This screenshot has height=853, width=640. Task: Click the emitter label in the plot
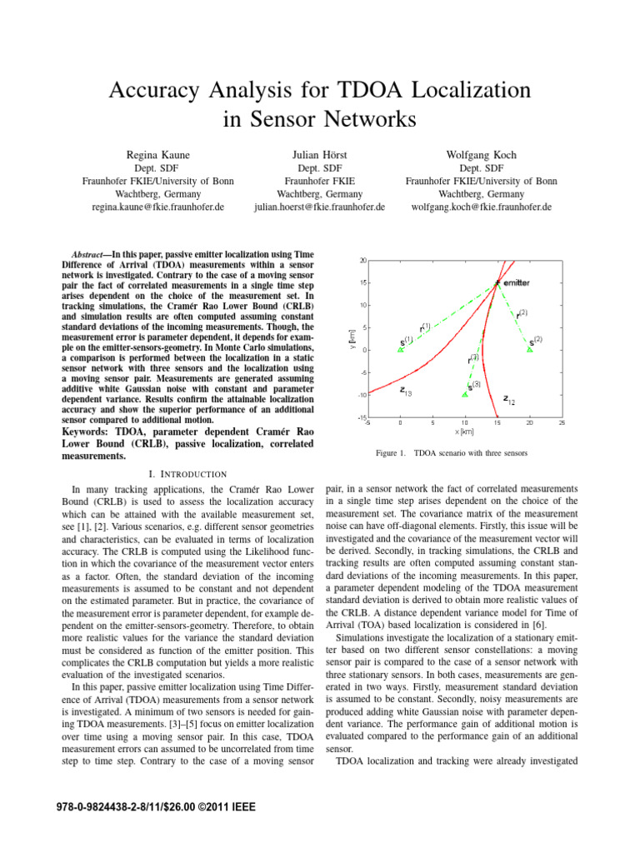click(x=517, y=284)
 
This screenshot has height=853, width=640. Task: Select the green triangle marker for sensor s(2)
click(x=530, y=349)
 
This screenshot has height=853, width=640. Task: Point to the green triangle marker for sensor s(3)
click(x=465, y=393)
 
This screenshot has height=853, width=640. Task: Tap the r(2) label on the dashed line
click(x=521, y=315)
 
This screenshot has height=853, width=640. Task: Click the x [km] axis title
click(x=464, y=431)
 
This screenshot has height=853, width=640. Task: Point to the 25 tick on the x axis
click(x=562, y=422)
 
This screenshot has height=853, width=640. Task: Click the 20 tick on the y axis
click(x=362, y=260)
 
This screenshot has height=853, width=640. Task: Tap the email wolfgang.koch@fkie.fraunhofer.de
click(x=482, y=207)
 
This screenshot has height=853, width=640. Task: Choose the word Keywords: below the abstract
click(x=92, y=431)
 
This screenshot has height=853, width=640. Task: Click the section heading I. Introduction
click(x=192, y=473)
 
